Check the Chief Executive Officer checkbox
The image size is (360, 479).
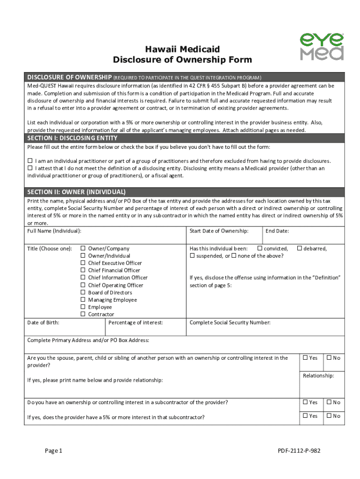(x=83, y=263)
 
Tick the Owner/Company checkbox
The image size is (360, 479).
(x=83, y=248)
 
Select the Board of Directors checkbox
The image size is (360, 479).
(x=83, y=292)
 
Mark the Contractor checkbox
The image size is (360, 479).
(x=83, y=314)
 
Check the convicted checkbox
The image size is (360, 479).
(x=260, y=248)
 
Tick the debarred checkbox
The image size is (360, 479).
(x=300, y=248)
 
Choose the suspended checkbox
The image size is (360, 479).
(x=192, y=256)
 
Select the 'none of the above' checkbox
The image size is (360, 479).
(x=234, y=256)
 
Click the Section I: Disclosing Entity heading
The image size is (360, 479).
(x=72, y=138)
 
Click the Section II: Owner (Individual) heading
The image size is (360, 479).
(x=76, y=192)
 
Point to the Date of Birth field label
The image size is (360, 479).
(x=43, y=322)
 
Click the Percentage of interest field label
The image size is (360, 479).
(x=136, y=322)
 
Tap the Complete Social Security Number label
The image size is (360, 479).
(x=230, y=322)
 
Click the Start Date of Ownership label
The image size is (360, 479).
(x=219, y=231)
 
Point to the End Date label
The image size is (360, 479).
(x=277, y=231)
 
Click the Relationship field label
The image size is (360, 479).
(x=318, y=376)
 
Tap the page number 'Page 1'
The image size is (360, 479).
(x=53, y=450)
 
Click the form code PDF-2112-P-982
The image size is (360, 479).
(x=299, y=450)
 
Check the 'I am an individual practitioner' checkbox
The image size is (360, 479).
(x=30, y=161)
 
